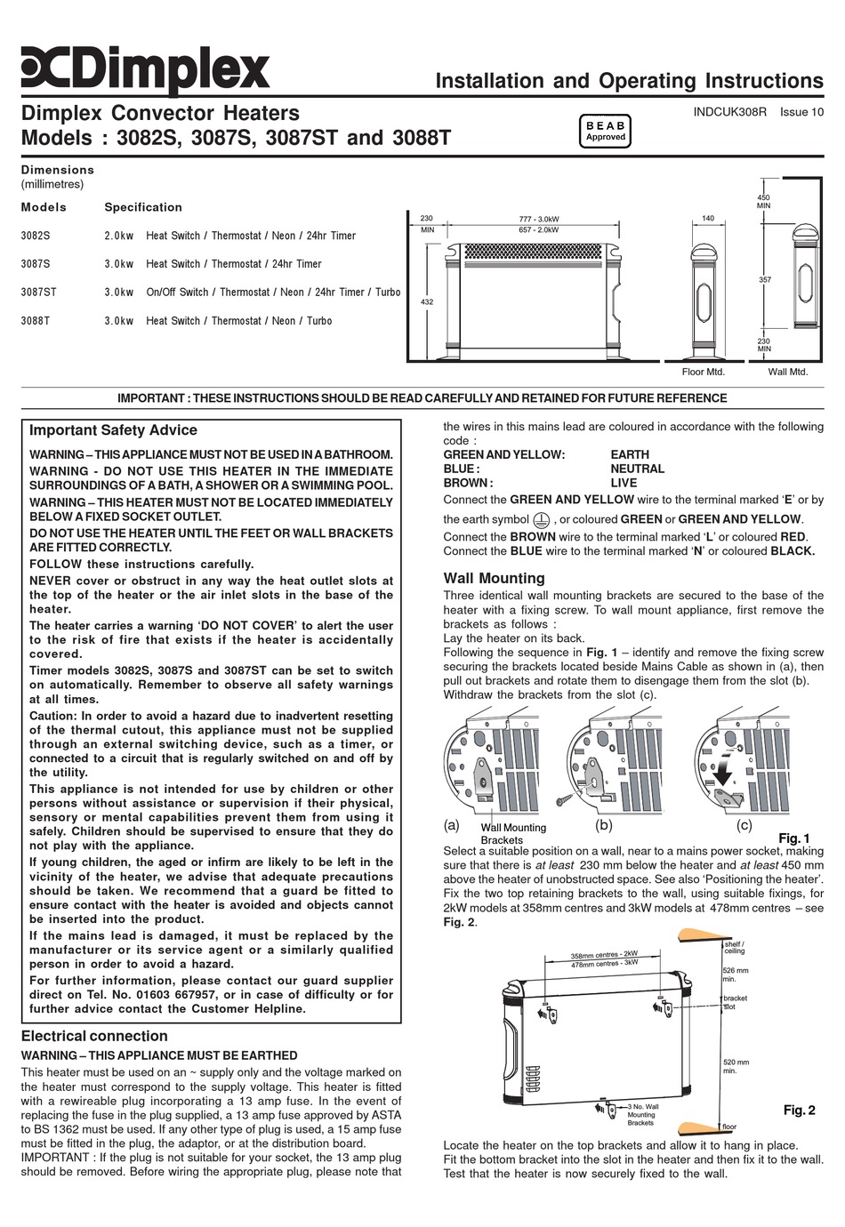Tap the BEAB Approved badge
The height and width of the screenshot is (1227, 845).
click(605, 132)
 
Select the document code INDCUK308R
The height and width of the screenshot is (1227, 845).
click(729, 112)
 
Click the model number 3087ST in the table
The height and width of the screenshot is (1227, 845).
click(38, 293)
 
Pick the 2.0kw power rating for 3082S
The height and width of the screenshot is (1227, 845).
click(118, 236)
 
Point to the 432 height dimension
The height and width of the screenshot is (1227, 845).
click(426, 302)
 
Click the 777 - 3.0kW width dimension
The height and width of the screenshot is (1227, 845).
click(539, 220)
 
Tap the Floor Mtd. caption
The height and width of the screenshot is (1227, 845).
click(704, 372)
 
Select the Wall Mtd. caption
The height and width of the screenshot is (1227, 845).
click(788, 372)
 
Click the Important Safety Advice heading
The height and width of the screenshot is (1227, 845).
click(113, 430)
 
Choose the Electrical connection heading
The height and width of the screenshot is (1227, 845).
click(93, 1036)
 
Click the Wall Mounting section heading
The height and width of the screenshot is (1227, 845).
click(494, 578)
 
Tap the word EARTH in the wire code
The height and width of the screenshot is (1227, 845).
click(630, 454)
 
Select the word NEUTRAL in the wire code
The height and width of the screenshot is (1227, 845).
click(637, 469)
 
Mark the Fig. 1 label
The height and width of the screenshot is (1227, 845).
click(793, 838)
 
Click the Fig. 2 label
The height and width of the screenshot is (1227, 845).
click(799, 1110)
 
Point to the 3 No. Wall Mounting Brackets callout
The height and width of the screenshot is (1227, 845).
click(640, 1114)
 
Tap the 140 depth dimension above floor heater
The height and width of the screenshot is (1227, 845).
click(708, 218)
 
